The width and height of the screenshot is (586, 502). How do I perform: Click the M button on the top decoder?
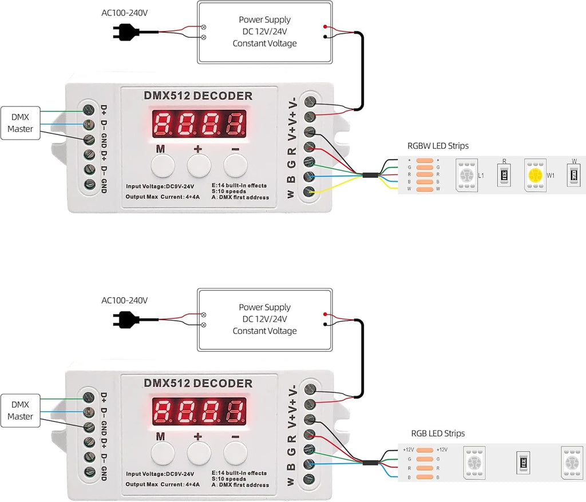(163, 166)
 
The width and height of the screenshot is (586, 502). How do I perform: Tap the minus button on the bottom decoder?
(235, 454)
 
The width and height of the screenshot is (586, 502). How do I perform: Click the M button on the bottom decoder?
(163, 454)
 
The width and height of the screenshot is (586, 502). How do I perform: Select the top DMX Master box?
(21, 123)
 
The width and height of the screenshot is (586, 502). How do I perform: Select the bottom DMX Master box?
(21, 411)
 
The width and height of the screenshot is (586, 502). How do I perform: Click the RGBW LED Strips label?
(438, 146)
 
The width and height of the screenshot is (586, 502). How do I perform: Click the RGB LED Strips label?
(438, 433)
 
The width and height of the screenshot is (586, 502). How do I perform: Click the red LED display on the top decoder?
(199, 123)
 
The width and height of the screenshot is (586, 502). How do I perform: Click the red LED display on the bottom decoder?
(199, 411)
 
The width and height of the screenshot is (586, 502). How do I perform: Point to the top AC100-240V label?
(124, 12)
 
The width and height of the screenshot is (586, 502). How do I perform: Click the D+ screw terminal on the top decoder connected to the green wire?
(89, 109)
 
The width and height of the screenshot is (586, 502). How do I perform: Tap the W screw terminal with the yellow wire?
(310, 192)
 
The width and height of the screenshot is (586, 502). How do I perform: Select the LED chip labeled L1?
(466, 175)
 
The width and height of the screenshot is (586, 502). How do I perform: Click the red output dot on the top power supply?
(325, 27)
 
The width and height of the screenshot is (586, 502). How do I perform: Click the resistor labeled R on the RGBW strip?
(504, 175)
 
